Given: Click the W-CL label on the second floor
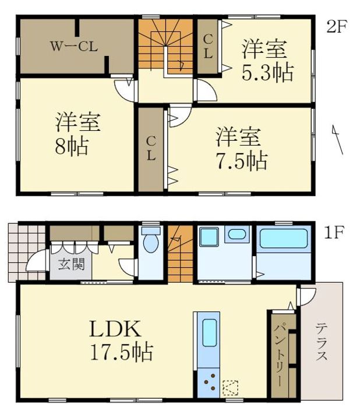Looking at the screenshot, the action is [74, 47].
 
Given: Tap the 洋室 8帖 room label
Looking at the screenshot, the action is [77, 134].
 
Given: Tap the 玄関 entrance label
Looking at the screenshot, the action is [72, 264].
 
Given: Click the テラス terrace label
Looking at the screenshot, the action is [321, 342].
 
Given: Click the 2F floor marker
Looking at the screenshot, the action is [337, 27].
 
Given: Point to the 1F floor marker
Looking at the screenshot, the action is [334, 232].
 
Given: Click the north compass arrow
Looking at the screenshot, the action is [337, 139].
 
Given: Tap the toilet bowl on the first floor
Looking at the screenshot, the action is [151, 240].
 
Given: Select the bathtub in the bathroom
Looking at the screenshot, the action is [284, 239].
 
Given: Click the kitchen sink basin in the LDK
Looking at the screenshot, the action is [209, 333].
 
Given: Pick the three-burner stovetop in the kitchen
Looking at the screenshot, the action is [209, 383].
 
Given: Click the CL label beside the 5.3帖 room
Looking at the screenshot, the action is [208, 47].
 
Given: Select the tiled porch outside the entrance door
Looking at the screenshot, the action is [27, 252].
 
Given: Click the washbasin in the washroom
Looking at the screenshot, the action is [237, 235].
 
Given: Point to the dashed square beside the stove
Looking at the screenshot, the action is [230, 388].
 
